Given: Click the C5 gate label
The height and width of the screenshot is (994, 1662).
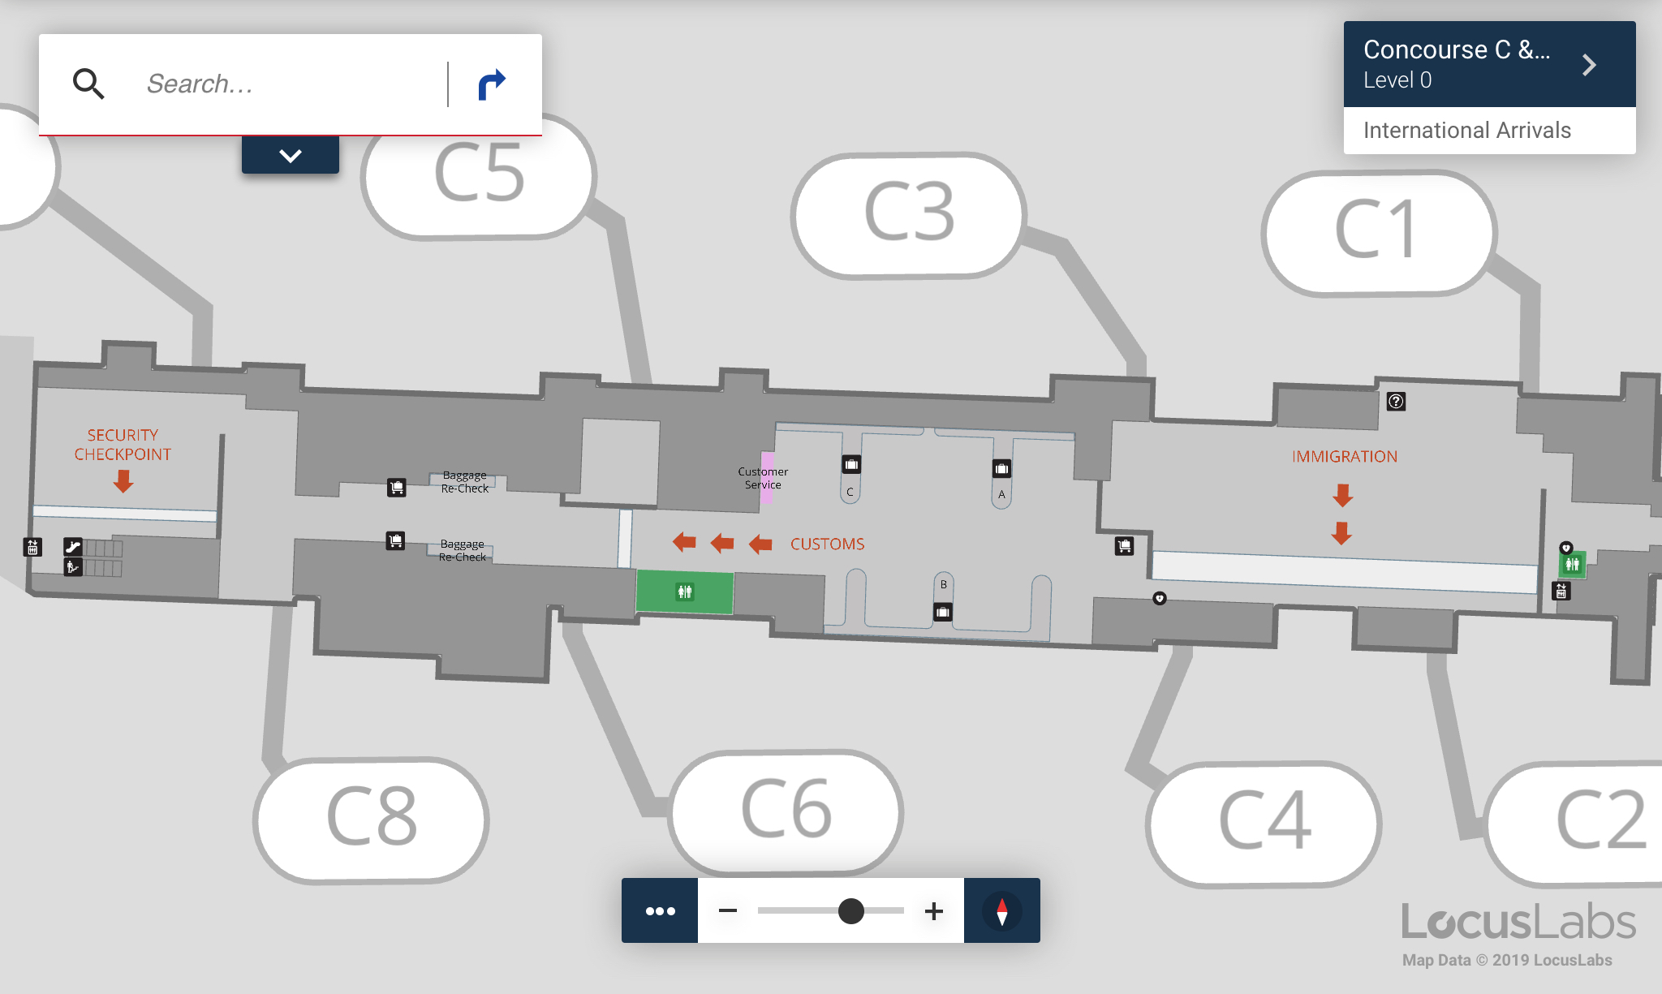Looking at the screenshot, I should coord(479,174).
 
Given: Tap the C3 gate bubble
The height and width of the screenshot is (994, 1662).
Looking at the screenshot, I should coord(909,213).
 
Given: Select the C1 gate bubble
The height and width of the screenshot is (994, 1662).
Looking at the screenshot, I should coord(1378,231).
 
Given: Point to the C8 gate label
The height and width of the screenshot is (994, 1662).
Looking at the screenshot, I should coord(372,818).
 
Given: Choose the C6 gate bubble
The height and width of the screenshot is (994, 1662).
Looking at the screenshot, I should coord(786,810).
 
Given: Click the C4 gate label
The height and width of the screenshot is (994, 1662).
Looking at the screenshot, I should coord(1264,821).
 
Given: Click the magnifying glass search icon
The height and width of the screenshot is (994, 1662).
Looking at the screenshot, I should coord(88,84).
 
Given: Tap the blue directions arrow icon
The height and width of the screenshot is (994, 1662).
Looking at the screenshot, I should coord(492,84).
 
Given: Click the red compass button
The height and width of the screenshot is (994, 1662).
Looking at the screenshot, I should coord(1001,910).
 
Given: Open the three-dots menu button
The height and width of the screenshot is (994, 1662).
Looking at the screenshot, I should coord(660,910).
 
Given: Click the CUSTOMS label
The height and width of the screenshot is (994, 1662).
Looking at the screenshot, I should coord(827,544).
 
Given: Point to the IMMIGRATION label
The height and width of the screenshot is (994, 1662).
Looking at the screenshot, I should coord(1344,457).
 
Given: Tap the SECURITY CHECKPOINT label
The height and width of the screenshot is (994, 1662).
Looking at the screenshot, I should coord(123,445).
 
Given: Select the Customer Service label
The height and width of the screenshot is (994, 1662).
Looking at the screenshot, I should coord(763,478).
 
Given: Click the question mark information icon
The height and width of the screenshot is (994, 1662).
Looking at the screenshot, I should coord(1396,401).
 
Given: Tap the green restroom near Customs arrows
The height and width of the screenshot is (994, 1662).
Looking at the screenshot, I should coord(684,592).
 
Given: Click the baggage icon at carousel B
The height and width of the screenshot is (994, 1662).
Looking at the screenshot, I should coord(942,612).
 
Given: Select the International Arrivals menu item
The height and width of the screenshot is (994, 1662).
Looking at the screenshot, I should coord(1466,131).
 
